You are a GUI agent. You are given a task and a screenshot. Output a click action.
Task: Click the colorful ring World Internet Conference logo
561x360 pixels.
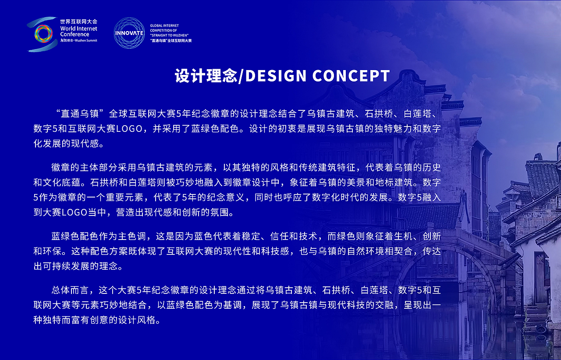42,34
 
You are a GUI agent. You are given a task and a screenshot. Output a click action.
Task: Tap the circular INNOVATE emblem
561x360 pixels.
129,33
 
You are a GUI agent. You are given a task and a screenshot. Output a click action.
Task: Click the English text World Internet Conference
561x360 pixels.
79,31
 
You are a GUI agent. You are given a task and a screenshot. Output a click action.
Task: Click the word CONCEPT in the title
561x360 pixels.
351,76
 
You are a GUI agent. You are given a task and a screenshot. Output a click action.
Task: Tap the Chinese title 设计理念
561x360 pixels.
205,76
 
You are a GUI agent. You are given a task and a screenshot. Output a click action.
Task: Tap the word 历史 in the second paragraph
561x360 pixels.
431,168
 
